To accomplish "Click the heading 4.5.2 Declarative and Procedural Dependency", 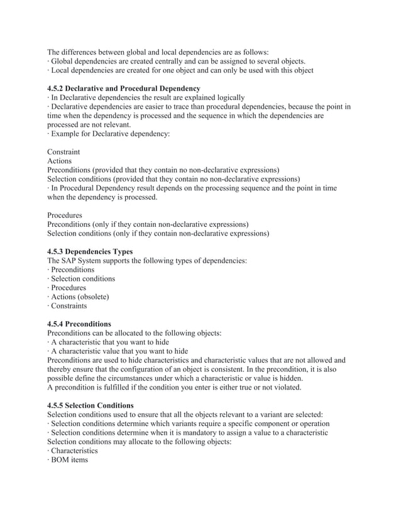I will point(124,89).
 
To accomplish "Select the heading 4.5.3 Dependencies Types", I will point(91,251).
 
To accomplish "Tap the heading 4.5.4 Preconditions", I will point(79,324).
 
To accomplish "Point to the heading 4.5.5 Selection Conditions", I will point(91,405).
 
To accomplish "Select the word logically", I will point(227,97).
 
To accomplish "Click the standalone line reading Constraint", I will point(63,151).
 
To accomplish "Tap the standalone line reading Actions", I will point(60,161).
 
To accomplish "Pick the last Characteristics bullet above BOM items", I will point(74,451).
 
